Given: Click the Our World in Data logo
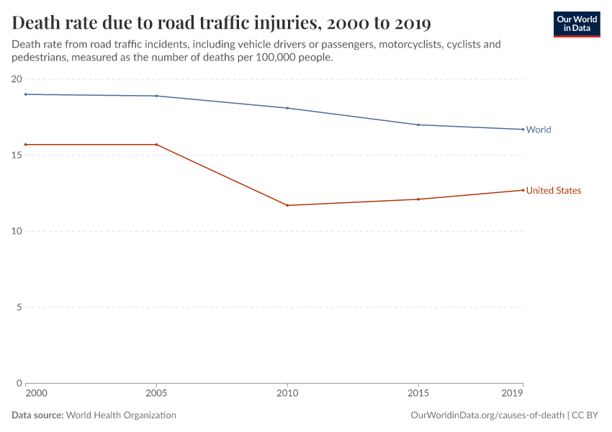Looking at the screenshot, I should (x=576, y=24).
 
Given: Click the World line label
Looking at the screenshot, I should (x=539, y=130).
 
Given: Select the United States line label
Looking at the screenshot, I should (x=553, y=191).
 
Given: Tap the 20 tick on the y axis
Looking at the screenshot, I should (x=17, y=79).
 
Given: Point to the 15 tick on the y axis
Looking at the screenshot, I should (x=17, y=155).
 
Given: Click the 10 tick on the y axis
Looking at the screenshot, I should (x=17, y=231).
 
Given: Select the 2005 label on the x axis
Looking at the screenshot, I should (x=156, y=394).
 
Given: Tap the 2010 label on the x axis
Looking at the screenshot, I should (x=287, y=394).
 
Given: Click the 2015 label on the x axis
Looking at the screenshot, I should (x=418, y=394).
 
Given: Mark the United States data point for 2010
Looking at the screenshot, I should (x=287, y=205).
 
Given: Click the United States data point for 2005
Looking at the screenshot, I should (x=156, y=145).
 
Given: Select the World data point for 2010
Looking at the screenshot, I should (x=287, y=108).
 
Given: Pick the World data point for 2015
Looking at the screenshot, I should (x=418, y=125).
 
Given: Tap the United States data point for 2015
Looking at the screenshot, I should (x=418, y=199).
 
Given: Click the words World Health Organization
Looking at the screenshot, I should (x=121, y=415).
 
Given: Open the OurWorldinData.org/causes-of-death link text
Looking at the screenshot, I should (x=487, y=415).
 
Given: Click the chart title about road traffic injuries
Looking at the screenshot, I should (x=222, y=23).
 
